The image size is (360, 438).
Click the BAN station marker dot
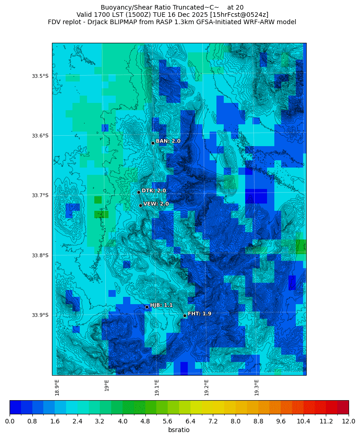pyautogui.click(x=153, y=143)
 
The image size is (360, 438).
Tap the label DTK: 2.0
pyautogui.click(x=154, y=191)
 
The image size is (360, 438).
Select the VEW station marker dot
pyautogui.click(x=140, y=205)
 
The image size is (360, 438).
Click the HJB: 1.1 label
pyautogui.click(x=161, y=305)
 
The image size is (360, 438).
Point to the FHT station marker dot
pyautogui.click(x=185, y=316)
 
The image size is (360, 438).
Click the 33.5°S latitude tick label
pyautogui.click(x=40, y=76)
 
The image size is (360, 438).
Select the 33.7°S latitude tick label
pyautogui.click(x=40, y=195)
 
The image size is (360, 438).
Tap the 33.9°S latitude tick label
pyautogui.click(x=40, y=315)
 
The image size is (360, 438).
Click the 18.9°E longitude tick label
pyautogui.click(x=57, y=387)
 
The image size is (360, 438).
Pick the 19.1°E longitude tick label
pyautogui.click(x=157, y=387)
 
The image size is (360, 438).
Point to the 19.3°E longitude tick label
pyautogui.click(x=257, y=387)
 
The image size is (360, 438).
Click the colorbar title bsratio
pyautogui.click(x=179, y=430)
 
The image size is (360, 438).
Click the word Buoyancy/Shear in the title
pyautogui.click(x=122, y=7)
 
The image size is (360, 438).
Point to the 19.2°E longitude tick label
pyautogui.click(x=206, y=387)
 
